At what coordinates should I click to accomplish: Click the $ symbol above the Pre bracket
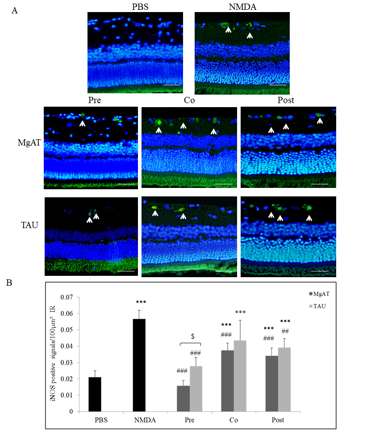192,336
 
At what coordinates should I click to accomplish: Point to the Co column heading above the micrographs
189,100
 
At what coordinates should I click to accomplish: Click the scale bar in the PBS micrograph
171,84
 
